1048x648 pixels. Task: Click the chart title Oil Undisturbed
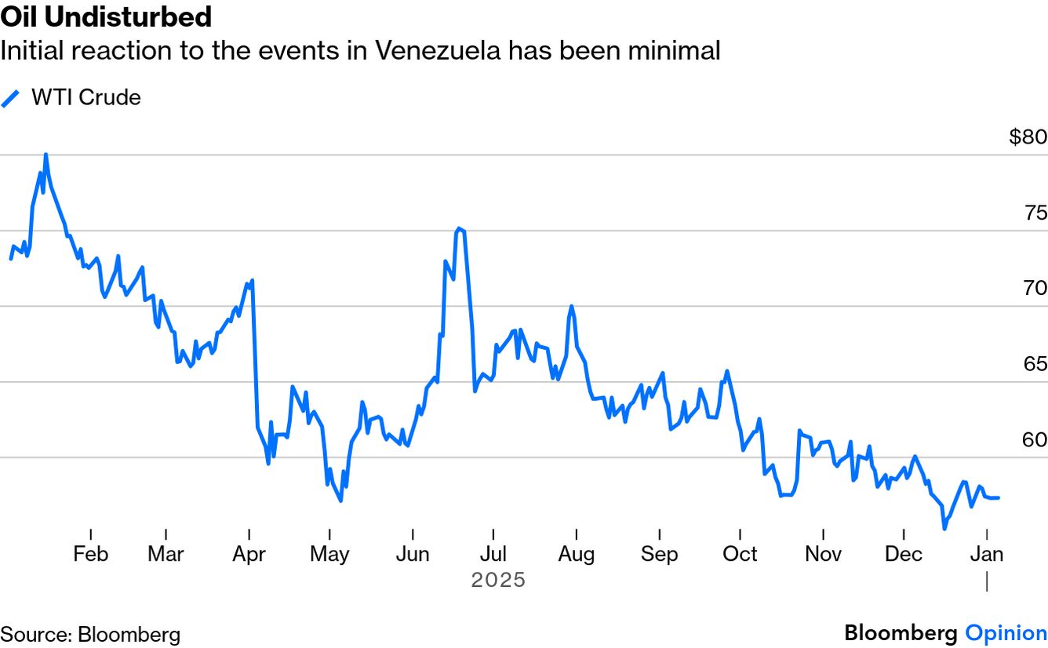106,16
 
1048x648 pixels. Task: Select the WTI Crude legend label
86,97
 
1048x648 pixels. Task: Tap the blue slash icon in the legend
11,98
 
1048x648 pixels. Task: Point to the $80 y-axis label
1028,137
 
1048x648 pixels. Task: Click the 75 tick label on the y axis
1035,213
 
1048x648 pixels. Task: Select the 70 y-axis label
1035,289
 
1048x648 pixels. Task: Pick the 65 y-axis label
1035,364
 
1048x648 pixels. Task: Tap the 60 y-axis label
1035,440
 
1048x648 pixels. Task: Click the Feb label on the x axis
90,554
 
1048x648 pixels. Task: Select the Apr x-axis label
249,554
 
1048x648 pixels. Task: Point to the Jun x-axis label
413,554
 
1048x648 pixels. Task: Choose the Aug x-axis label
576,554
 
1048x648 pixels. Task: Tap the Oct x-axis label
740,554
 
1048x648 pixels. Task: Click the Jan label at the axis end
987,554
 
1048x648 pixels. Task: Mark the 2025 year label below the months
498,581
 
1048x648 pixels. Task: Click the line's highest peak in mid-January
45,155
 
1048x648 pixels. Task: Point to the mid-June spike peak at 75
459,229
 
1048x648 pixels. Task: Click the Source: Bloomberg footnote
90,634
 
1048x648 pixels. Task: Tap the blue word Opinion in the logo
1006,633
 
